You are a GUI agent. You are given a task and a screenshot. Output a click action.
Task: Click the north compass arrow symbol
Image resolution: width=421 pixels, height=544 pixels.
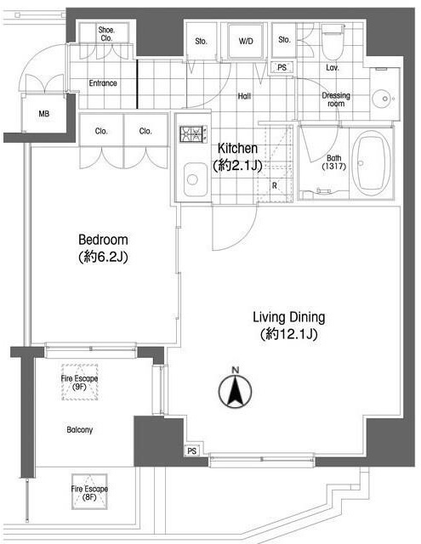point(236,391)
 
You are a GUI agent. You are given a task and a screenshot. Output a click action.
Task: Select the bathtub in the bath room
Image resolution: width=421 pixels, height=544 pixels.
point(371,162)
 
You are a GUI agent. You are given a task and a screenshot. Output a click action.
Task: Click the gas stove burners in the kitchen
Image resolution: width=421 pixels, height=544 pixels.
point(193,133)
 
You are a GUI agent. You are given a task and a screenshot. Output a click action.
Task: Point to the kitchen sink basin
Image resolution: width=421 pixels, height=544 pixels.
point(196,179)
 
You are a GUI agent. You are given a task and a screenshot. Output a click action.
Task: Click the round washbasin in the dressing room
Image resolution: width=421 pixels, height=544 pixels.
point(384,99)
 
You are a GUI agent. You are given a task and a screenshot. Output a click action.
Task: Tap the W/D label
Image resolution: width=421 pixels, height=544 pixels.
point(246,42)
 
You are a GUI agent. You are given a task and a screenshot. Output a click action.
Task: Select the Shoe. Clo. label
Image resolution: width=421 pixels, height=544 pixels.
point(106,34)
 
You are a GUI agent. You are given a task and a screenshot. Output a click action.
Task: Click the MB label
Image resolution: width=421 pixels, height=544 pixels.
point(44,113)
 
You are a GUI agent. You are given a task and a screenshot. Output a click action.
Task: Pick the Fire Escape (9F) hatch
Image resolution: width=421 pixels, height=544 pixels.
point(79,382)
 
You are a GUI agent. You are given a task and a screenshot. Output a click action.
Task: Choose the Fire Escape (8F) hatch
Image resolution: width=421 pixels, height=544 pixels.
point(89,492)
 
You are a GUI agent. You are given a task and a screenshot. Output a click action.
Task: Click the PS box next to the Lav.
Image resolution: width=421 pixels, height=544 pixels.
point(282,67)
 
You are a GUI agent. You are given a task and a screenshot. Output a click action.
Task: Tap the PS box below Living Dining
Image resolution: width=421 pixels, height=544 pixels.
point(192,450)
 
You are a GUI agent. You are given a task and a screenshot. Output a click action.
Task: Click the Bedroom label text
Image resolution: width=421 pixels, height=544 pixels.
point(103,240)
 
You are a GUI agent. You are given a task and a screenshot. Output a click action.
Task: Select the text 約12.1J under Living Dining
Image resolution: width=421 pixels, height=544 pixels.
point(289,334)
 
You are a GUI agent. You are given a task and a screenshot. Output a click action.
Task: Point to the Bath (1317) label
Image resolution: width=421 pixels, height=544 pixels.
point(334,162)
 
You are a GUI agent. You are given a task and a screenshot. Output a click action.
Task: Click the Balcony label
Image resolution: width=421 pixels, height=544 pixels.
point(79,430)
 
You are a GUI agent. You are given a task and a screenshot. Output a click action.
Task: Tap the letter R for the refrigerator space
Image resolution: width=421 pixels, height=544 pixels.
point(274,185)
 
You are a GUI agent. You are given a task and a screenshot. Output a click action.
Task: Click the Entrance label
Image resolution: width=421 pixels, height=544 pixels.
point(103,83)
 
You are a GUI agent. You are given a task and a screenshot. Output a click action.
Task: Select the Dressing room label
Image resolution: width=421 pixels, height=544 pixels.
point(336,99)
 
